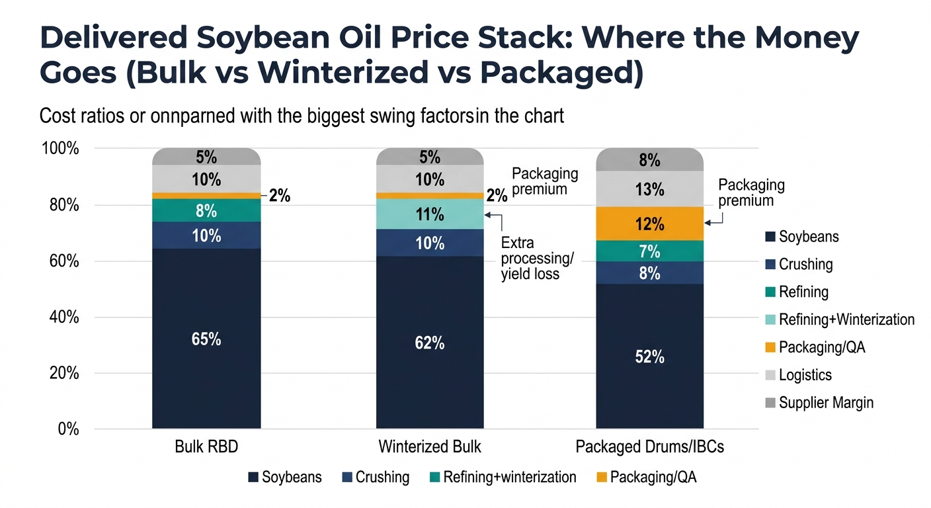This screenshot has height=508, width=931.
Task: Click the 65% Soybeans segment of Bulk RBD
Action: [206, 339]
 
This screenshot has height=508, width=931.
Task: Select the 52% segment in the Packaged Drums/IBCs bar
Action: [649, 357]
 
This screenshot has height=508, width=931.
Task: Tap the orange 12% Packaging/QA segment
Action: [649, 224]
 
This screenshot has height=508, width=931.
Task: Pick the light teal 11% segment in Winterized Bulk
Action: [430, 214]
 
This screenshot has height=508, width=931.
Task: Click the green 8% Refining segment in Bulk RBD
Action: [206, 210]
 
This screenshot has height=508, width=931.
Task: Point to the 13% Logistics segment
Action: [649, 189]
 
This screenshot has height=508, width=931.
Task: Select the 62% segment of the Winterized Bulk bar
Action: [430, 343]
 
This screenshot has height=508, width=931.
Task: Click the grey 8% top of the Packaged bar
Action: [649, 160]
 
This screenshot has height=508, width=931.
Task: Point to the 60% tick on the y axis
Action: [61, 261]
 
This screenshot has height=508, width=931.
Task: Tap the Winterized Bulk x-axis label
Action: [430, 446]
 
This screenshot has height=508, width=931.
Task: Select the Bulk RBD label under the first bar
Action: [206, 446]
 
